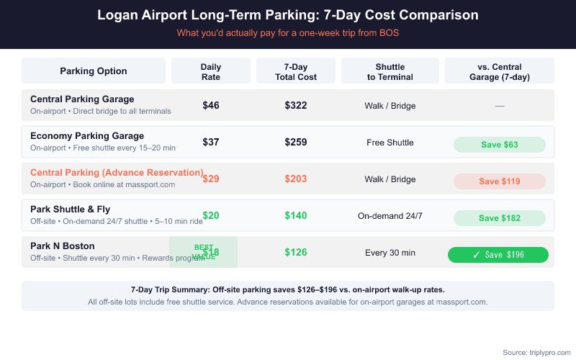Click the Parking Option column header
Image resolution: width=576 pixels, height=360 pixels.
(x=94, y=71)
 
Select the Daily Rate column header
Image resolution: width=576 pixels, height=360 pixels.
(x=210, y=71)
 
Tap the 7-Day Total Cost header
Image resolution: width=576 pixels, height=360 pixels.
(x=296, y=71)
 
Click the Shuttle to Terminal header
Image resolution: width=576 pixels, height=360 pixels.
(x=390, y=71)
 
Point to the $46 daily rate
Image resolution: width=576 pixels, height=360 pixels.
(x=210, y=105)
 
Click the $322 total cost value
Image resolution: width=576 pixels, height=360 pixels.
(x=296, y=105)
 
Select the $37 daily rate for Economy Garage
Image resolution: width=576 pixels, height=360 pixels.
(x=210, y=143)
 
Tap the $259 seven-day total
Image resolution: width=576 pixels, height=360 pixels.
(x=296, y=143)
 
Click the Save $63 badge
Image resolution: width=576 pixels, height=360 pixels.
(x=500, y=145)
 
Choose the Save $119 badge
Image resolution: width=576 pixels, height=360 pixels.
(x=500, y=181)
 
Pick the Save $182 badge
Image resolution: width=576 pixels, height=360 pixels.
(x=500, y=218)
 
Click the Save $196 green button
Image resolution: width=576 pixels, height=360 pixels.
(x=498, y=255)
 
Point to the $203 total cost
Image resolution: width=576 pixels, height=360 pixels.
(x=296, y=179)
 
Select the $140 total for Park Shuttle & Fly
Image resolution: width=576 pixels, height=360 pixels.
(x=296, y=215)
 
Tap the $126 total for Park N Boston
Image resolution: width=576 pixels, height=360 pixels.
(x=296, y=252)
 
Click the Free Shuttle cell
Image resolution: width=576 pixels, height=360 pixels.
(x=390, y=143)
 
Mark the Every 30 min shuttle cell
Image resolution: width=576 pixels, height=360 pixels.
(x=390, y=253)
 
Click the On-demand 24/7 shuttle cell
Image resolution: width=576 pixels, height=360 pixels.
(x=390, y=216)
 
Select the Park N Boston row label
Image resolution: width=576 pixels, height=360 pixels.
(x=63, y=246)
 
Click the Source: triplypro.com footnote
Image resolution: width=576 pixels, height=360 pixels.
(x=536, y=352)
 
